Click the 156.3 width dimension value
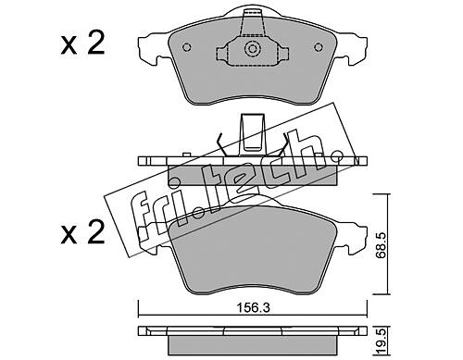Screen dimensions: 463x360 point(253,307)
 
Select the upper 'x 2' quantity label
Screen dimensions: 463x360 point(82,44)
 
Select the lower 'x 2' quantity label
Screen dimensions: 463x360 point(82,232)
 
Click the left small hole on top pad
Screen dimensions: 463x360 point(187,47)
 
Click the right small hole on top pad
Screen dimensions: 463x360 point(319,47)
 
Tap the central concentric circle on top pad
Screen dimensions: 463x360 point(253,49)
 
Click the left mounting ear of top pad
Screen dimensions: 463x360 point(154,48)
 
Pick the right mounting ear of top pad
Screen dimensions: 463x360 point(351,48)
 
